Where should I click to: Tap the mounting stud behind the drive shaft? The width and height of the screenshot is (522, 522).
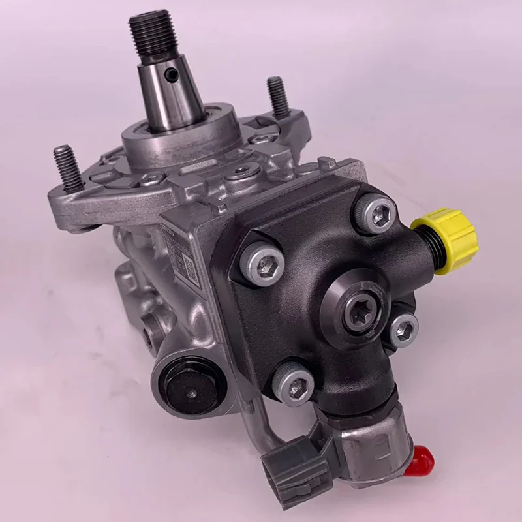point(277,98)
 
